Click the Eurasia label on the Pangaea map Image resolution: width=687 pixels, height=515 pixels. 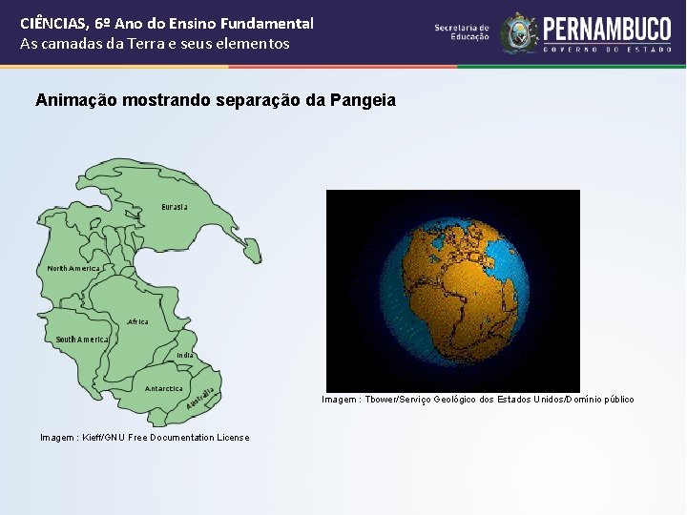(x=174, y=207)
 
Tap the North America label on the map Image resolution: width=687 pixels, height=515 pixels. (x=73, y=269)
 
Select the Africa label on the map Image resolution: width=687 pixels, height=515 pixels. (x=138, y=322)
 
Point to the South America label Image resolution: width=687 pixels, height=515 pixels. (x=81, y=340)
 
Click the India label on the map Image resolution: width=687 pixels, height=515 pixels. (x=185, y=355)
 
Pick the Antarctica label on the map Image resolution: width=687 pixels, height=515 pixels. (x=163, y=389)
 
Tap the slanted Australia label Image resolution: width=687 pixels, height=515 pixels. (x=199, y=401)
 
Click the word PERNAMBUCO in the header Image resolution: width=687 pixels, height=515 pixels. (x=607, y=28)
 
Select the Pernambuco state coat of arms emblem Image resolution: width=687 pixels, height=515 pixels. (x=519, y=32)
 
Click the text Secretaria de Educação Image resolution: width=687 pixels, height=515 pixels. (x=462, y=32)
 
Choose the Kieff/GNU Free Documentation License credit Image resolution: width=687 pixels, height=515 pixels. (x=144, y=438)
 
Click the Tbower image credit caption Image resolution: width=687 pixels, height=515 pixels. (x=477, y=400)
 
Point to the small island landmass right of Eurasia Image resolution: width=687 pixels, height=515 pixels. (x=250, y=249)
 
